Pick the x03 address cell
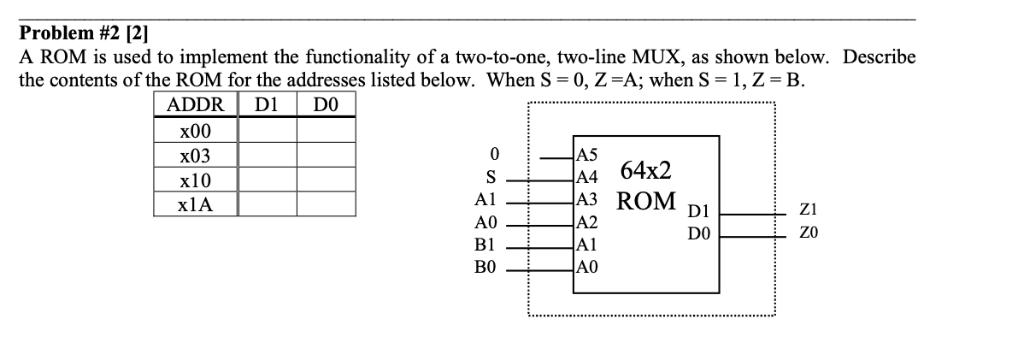pos(196,156)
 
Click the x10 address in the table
pos(196,180)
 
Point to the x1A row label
pos(196,205)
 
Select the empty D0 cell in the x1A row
pos(326,205)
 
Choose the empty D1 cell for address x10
pos(267,180)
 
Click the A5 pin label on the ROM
pos(588,156)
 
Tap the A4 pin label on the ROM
pos(588,178)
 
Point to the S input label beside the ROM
pos(490,179)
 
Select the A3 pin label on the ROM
pos(588,201)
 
